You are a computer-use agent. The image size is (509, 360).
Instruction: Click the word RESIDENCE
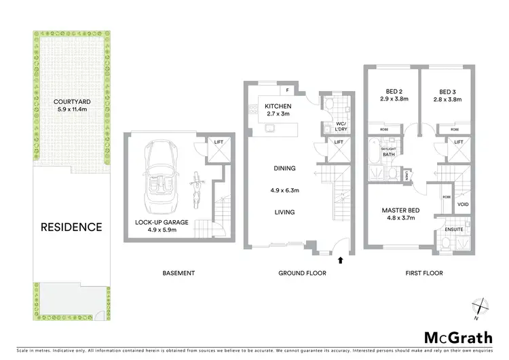pos(71,227)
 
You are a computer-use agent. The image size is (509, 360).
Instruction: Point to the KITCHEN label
pos(278,106)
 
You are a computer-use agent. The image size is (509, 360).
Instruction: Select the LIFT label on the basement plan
pos(219,141)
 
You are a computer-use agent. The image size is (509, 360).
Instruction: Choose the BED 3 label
pos(446,92)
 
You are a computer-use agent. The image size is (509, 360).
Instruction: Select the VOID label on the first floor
pos(464,204)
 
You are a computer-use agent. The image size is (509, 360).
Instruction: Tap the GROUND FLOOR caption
pos(303,273)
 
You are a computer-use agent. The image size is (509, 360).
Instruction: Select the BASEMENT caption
pos(178,273)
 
